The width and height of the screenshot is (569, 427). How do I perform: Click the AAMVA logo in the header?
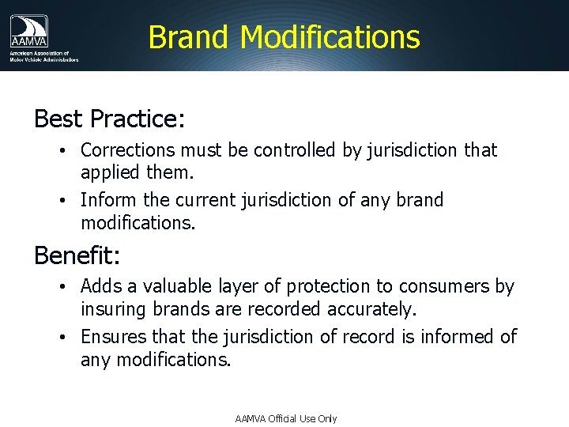point(29,32)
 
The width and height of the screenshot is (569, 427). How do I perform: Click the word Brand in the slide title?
point(188,37)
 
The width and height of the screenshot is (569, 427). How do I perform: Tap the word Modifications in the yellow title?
point(330,37)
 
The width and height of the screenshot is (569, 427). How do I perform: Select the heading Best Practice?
point(109,119)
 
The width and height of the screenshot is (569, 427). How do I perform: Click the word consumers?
point(435,286)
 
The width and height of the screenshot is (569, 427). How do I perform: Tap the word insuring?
point(109,308)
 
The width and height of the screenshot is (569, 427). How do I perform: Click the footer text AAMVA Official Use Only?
point(285,418)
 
